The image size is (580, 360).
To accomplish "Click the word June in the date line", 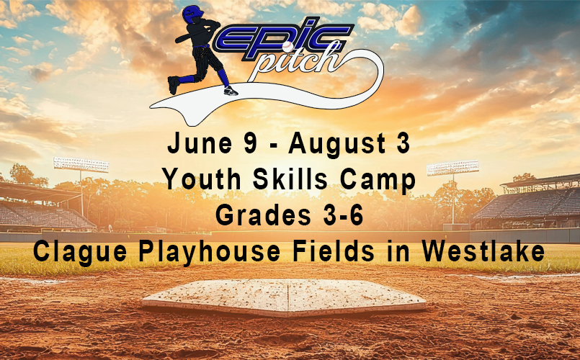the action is (x=200, y=143).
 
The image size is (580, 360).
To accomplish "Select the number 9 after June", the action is (x=251, y=143).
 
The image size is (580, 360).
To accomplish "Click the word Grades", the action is (x=263, y=215).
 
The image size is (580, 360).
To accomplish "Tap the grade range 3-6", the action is (x=343, y=215).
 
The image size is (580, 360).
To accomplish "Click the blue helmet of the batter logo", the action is (x=192, y=14).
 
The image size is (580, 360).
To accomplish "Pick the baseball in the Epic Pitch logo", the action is (x=287, y=46).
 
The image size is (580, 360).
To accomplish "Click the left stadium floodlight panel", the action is (x=81, y=165).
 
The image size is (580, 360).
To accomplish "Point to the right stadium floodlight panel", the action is (x=452, y=168).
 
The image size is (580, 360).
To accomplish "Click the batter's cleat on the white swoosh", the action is (x=231, y=91).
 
